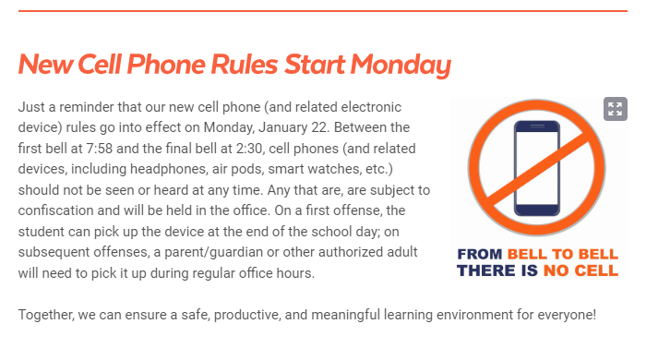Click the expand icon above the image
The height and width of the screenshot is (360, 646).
(615, 109)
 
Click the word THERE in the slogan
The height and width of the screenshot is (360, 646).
(490, 270)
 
